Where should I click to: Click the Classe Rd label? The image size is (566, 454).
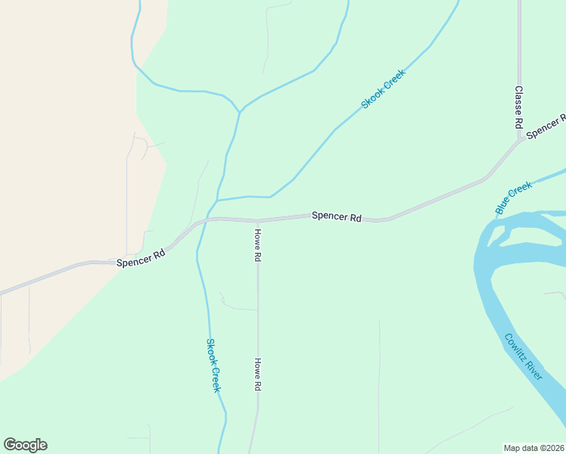point(519,106)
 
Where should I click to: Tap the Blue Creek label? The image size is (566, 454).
point(514,197)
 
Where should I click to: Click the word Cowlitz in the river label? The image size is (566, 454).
point(518,350)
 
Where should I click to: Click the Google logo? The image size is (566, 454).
point(25,445)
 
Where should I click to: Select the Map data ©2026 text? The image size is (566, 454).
point(533,447)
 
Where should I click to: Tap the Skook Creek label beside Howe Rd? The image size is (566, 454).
point(213,365)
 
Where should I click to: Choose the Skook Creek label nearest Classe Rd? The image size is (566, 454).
point(384,89)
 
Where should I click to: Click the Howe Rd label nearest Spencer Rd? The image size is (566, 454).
point(258,245)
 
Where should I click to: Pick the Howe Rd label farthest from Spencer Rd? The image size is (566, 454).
point(258,374)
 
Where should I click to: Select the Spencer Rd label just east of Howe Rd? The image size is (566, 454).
point(336,216)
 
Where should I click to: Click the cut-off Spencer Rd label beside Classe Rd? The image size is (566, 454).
point(546,126)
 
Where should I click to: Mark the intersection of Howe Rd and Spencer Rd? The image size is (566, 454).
point(258,221)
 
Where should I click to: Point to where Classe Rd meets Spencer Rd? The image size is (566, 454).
point(520,138)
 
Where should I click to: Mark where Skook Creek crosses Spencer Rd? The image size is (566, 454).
point(204,221)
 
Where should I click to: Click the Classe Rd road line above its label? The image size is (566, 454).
point(519,38)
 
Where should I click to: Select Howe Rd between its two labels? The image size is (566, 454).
point(258,310)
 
